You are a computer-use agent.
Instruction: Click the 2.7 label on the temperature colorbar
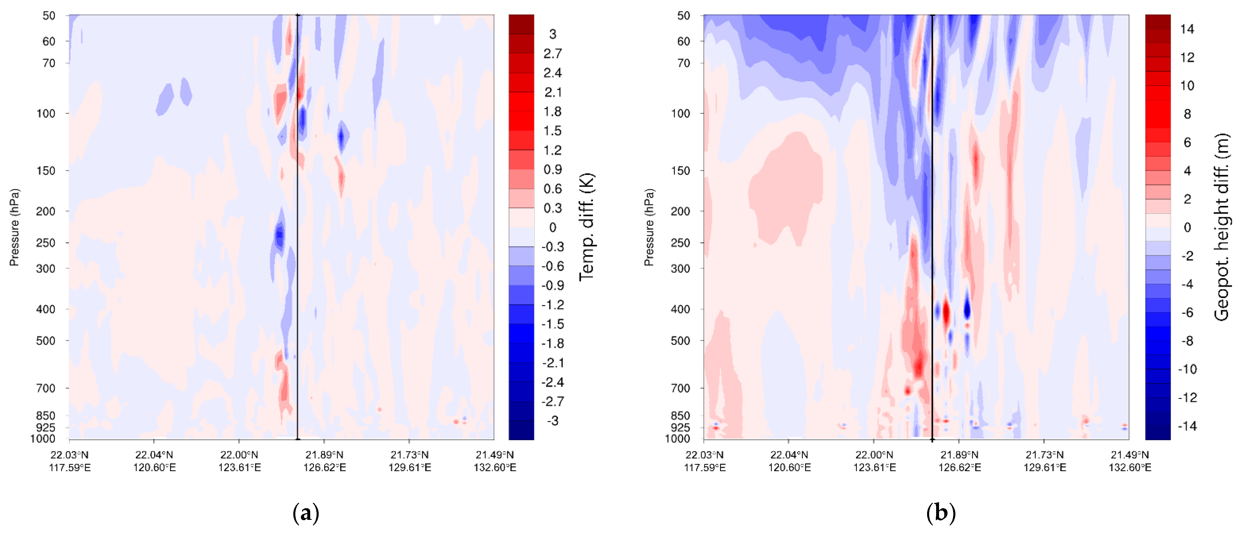[x=553, y=54]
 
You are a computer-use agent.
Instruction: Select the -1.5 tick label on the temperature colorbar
[x=553, y=324]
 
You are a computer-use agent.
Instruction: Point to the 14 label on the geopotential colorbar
[x=1187, y=29]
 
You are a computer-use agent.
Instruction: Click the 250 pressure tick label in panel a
[x=46, y=243]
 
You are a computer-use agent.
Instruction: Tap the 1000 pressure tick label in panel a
[x=43, y=439]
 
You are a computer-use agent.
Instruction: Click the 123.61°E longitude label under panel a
[x=239, y=468]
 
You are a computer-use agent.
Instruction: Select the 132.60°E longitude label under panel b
[x=1130, y=468]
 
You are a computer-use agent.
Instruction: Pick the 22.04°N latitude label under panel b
[x=789, y=455]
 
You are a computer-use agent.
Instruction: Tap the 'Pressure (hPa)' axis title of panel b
[x=649, y=227]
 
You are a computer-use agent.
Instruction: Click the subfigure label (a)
[x=306, y=513]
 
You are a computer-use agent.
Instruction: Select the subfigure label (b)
[x=941, y=513]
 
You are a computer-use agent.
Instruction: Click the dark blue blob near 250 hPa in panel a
[x=279, y=236]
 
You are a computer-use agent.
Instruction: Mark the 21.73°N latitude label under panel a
[x=410, y=455]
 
